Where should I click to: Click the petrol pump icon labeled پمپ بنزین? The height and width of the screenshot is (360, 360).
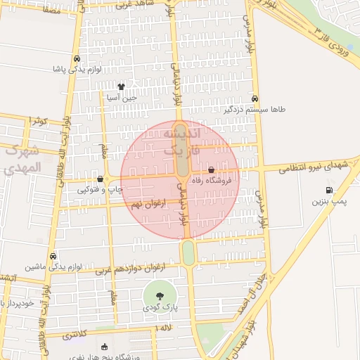point(329,190)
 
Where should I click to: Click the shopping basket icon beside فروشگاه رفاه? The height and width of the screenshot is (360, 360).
point(212,169)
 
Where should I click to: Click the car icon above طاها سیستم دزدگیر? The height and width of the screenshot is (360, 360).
point(255,98)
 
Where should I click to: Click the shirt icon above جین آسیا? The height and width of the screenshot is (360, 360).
point(121,86)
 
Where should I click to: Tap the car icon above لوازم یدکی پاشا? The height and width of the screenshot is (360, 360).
point(77,58)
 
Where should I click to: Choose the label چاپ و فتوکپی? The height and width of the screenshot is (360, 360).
point(100,189)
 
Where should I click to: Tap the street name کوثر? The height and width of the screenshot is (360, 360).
point(39,121)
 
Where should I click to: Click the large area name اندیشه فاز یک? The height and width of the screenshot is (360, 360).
point(181,141)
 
